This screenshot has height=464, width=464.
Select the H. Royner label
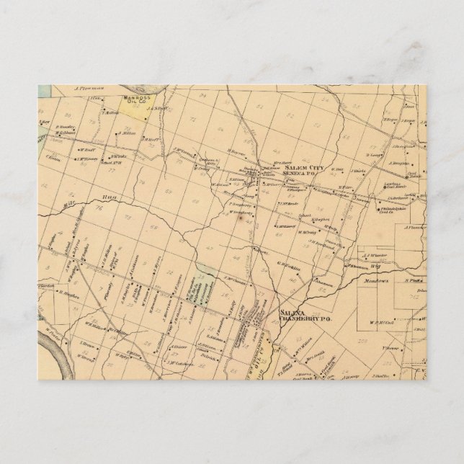[237, 152]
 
